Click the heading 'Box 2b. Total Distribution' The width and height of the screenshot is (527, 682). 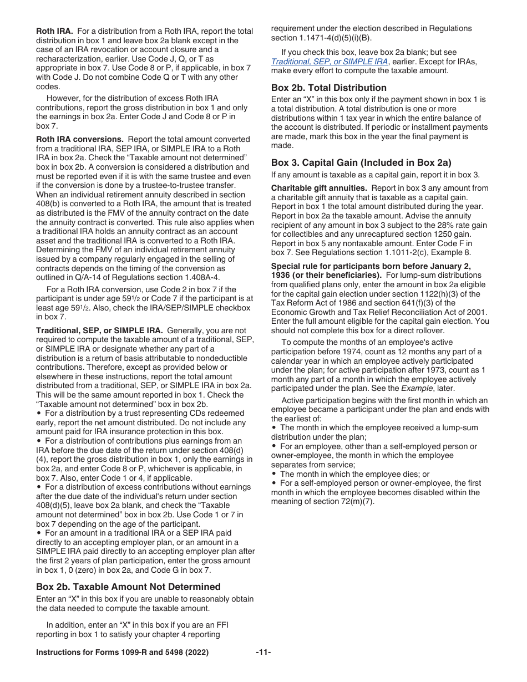[329, 88]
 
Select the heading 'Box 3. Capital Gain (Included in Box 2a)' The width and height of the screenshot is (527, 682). [361, 162]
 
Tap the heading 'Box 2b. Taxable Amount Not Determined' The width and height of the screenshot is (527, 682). [128, 587]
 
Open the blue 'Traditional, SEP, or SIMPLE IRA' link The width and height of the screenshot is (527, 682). [330, 61]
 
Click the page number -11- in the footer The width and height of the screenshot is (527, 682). [263, 653]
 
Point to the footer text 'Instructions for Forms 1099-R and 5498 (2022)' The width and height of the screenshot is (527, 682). [122, 653]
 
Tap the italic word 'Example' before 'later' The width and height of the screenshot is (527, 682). [416, 388]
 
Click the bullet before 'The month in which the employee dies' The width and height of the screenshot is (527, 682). [275, 474]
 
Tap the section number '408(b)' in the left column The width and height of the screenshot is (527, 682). [48, 204]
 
